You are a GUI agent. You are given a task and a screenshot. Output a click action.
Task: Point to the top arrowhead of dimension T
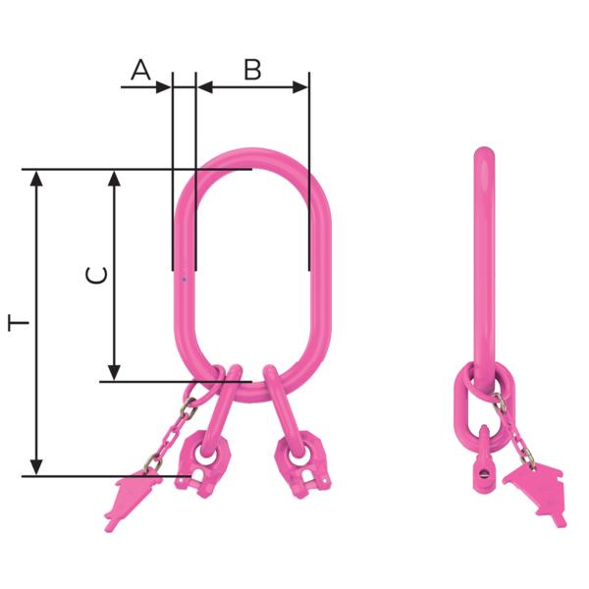click(37, 177)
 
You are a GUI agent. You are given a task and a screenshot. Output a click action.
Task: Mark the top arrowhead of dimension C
click(115, 177)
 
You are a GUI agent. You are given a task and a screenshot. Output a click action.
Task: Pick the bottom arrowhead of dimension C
click(115, 372)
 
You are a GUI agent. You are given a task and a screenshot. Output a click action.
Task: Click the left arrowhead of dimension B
click(204, 86)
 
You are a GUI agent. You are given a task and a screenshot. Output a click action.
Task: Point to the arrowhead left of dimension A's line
click(164, 86)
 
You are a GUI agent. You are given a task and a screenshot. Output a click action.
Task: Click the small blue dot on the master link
click(184, 280)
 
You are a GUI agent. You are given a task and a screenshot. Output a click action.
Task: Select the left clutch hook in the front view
click(208, 457)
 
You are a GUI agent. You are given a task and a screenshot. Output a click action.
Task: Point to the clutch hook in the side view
click(482, 462)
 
